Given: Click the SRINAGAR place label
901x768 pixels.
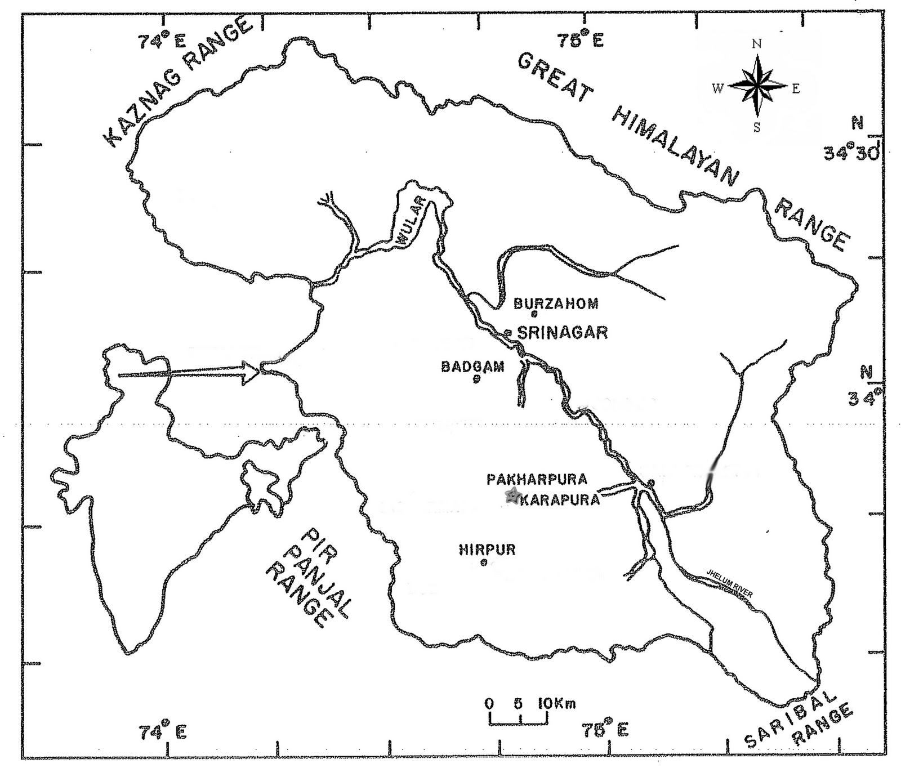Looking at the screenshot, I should click(563, 332).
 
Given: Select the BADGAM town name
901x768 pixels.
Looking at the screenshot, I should click(472, 367).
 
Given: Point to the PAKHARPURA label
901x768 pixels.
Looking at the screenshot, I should click(537, 479).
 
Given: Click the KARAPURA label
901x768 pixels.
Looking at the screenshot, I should click(560, 500).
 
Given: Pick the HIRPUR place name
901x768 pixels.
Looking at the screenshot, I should click(487, 549).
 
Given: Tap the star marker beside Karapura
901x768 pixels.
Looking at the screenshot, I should click(512, 496).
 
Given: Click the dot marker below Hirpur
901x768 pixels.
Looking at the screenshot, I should click(483, 562).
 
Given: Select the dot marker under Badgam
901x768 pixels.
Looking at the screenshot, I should click(476, 379).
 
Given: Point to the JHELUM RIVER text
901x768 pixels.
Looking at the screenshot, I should click(730, 584).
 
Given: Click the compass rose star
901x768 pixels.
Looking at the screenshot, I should click(757, 86).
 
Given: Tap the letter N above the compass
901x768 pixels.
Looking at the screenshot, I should click(757, 44).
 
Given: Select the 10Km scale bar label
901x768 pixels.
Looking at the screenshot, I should click(557, 703).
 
